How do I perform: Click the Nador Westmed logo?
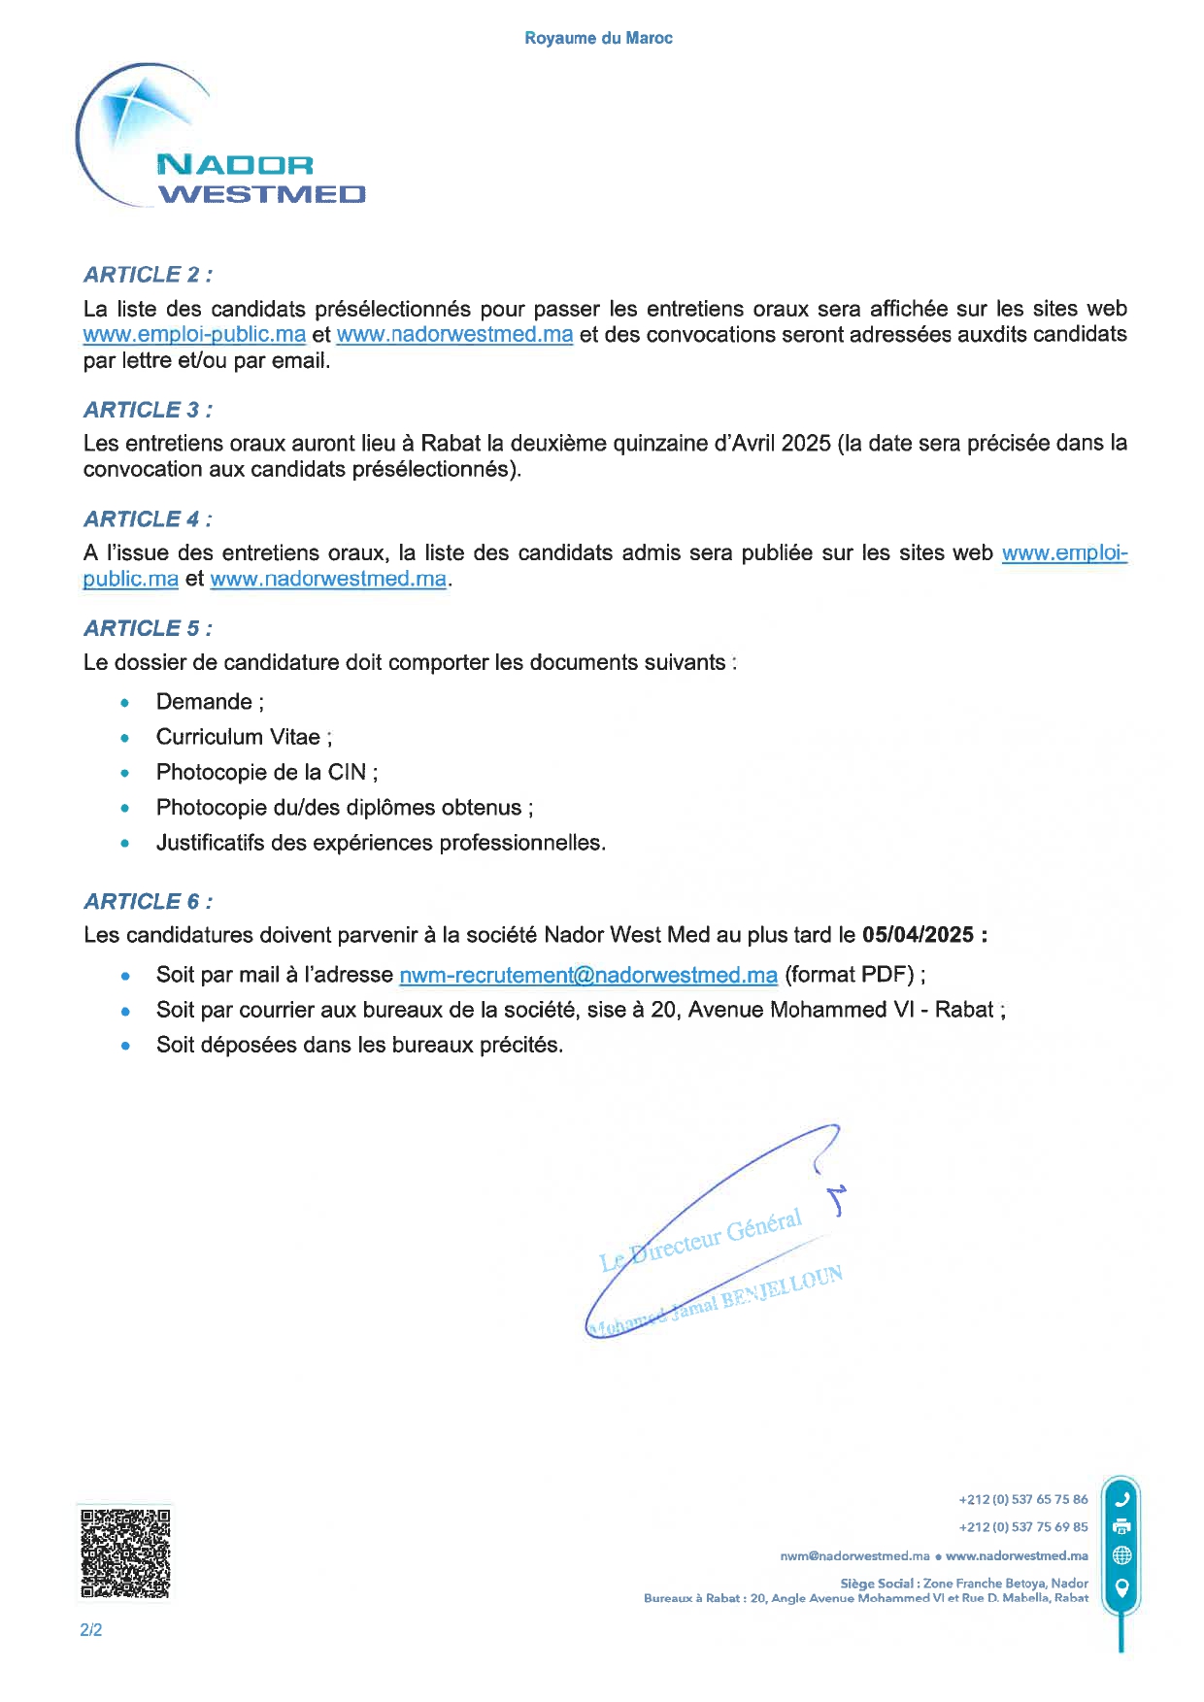coord(221,137)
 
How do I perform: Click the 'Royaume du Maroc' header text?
coord(598,38)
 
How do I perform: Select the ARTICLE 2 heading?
coord(148,275)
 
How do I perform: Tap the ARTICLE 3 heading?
coord(148,410)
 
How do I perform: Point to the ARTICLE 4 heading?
coord(148,519)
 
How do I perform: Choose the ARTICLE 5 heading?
coord(148,629)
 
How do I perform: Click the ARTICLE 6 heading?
coord(148,902)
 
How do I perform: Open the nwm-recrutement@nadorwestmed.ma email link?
coord(587,975)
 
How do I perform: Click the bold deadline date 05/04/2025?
coord(918,935)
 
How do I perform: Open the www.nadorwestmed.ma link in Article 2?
coord(454,335)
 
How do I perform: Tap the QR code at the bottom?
coord(125,1552)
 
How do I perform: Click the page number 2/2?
coord(91,1630)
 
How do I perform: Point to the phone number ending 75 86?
coord(1022,1499)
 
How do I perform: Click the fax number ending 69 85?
coord(1022,1527)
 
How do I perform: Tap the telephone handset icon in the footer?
coord(1121,1498)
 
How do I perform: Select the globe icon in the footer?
coord(1121,1555)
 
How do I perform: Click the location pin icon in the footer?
coord(1121,1588)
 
